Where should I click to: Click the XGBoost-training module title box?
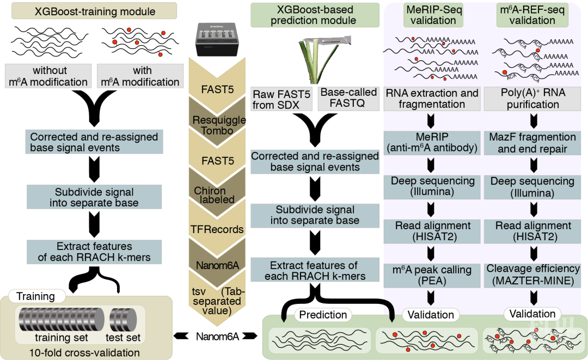(x=94, y=11)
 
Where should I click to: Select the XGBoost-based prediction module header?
(x=315, y=15)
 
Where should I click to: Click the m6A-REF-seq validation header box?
(x=532, y=15)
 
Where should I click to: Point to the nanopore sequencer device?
(x=215, y=41)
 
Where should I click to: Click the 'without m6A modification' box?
(x=48, y=76)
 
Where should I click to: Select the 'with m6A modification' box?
(x=140, y=76)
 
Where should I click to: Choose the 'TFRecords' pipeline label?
(x=217, y=229)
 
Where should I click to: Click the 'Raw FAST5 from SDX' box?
(x=281, y=99)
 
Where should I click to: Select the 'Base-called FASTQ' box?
(x=348, y=98)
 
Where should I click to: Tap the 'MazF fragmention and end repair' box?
(x=532, y=142)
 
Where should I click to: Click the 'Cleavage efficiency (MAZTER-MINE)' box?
(x=532, y=274)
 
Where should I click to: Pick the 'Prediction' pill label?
(x=323, y=315)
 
